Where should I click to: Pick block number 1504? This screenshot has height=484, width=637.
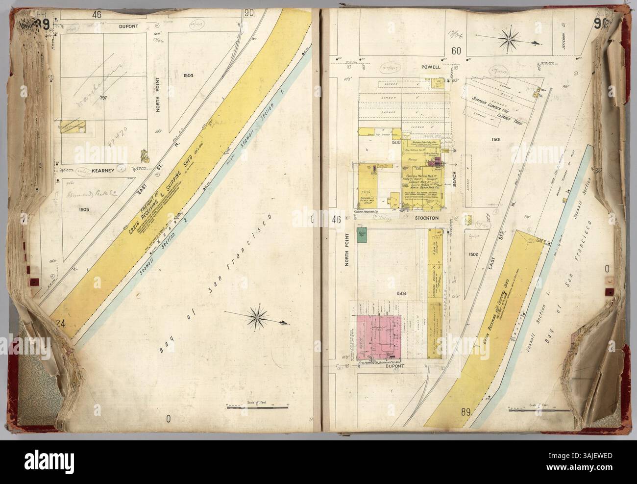click(188, 76)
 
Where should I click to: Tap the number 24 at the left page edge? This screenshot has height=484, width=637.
click(60, 323)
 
